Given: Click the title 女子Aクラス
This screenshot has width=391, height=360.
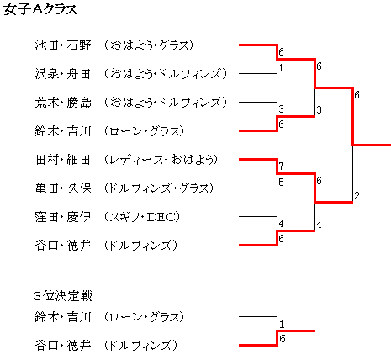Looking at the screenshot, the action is (40, 9).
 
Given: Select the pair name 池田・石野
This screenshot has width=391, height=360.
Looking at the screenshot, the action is (63, 45).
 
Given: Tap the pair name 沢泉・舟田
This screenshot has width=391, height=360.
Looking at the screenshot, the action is (63, 74).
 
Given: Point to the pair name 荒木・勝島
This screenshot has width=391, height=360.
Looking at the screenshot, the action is (63, 103).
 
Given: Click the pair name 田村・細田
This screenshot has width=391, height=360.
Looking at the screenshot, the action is (63, 160).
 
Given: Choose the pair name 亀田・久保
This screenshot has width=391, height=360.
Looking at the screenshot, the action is (63, 188).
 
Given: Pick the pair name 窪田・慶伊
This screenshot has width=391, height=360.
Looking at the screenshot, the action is (63, 217).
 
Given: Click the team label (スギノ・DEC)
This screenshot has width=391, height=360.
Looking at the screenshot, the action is (142, 217).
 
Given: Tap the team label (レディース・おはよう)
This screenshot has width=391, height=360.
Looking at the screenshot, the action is (161, 160).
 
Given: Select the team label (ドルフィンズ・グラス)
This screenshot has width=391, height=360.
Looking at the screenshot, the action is (159, 188).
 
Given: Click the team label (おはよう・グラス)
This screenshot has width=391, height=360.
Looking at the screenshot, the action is (149, 45).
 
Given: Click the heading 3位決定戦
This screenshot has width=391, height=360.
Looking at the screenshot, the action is (63, 296).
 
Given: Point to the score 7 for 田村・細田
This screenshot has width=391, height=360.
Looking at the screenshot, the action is (281, 167).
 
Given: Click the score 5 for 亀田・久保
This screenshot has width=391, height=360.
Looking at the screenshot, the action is (281, 183).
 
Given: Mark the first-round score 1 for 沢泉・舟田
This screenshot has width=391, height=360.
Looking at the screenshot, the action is (281, 68).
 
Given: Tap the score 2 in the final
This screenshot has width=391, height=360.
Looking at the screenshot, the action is (357, 195).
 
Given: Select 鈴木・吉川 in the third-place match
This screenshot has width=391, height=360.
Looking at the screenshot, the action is (63, 317).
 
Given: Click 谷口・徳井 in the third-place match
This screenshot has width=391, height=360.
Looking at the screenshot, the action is (63, 346).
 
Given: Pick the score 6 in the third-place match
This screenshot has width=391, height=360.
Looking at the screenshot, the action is (283, 339).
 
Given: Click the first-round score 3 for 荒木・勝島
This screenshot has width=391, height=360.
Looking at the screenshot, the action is (281, 109).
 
